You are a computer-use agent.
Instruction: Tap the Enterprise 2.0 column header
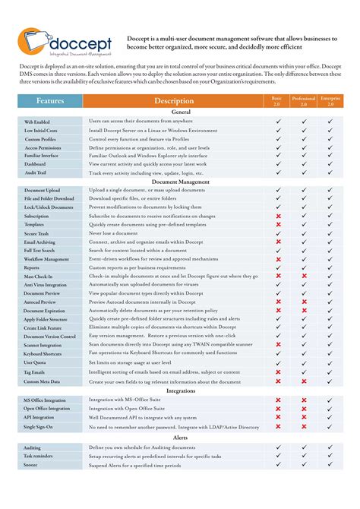point(330,100)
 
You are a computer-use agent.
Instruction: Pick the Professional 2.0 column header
point(304,100)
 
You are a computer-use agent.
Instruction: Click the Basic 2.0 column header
point(278,100)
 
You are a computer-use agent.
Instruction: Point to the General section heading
point(180,112)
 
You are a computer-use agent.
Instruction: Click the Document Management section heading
point(180,182)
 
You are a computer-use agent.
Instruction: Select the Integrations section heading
point(180,391)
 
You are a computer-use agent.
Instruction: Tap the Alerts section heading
point(180,438)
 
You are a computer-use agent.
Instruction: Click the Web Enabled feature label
point(37,122)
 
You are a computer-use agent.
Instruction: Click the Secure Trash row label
point(38,233)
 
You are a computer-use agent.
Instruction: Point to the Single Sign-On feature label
point(39,427)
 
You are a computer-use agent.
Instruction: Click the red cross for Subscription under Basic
point(279,216)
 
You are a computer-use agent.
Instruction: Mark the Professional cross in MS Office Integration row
point(304,400)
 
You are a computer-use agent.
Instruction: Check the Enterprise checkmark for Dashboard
point(330,164)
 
